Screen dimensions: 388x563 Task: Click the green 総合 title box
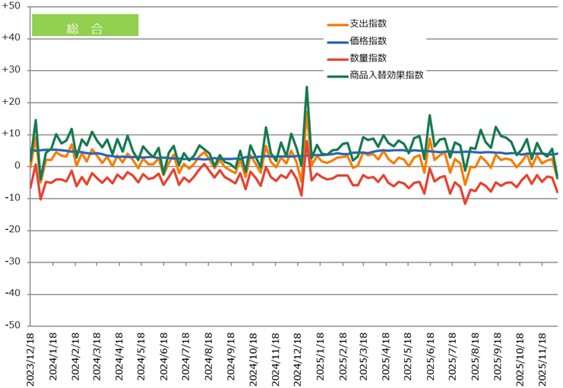[84, 25]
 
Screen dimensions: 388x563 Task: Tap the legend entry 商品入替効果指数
[386, 75]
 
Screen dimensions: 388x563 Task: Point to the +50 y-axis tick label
[13, 6]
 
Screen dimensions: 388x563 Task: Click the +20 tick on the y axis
[13, 102]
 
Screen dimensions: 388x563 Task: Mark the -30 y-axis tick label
[14, 262]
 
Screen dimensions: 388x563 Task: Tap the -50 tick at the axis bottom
[14, 325]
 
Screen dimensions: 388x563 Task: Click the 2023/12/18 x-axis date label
[30, 358]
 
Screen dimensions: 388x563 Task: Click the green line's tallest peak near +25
[307, 87]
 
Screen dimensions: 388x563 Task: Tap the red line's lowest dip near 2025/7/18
[465, 203]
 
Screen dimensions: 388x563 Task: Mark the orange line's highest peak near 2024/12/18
[307, 112]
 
